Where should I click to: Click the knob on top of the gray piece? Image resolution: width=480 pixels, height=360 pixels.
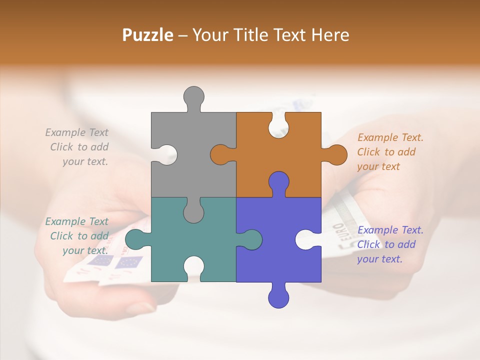coord(193,98)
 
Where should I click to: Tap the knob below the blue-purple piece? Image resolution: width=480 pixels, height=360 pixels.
coord(278,296)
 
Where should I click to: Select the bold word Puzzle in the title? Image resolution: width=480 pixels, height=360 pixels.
coord(148,35)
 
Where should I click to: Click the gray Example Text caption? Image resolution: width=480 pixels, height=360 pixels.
coord(77,147)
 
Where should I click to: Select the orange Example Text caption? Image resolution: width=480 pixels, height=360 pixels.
coord(390,152)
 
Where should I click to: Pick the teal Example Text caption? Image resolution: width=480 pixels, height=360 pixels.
coord(77,236)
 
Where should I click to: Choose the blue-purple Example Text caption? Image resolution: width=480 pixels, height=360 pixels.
coord(390,244)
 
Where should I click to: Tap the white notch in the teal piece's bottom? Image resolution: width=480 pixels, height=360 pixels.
coord(193,268)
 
